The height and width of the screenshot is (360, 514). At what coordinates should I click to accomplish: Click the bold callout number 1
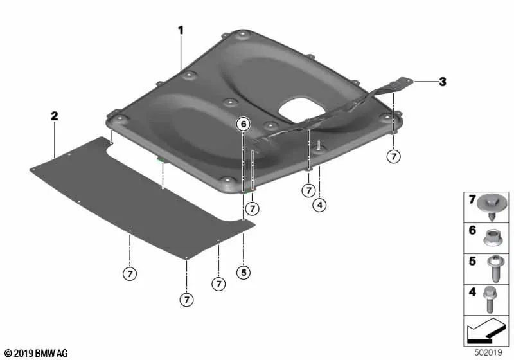pos(181,30)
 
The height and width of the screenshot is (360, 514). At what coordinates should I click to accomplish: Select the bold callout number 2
pos(55,116)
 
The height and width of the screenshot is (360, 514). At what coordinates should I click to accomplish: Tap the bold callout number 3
pos(443,82)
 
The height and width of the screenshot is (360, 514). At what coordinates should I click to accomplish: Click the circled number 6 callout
pos(244,124)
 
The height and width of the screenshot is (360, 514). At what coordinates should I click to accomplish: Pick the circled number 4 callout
pos(319,205)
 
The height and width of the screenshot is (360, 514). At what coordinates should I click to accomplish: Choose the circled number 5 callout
pos(244,272)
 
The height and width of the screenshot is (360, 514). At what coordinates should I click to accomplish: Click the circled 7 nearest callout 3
pos(394,156)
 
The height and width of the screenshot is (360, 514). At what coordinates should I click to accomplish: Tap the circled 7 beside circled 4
pos(308,190)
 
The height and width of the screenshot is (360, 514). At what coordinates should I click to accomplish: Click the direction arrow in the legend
pos(485,330)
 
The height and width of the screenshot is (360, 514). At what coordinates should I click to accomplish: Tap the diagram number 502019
pos(488,353)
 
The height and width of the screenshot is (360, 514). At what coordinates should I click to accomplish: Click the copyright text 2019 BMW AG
pos(37,354)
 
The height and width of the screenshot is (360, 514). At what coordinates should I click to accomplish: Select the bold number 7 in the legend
pos(472,199)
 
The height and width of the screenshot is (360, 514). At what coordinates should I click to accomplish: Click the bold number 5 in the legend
pos(472,261)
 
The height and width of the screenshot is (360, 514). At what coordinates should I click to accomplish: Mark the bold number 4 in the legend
pos(472,292)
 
